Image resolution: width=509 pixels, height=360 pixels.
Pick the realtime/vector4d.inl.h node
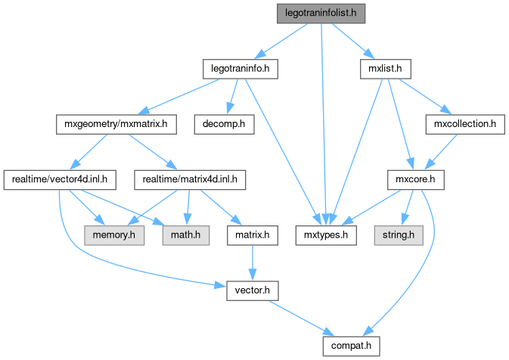tap(60, 180)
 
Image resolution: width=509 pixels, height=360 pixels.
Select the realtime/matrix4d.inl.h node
tap(186, 180)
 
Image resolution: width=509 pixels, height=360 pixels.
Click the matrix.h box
tap(250, 235)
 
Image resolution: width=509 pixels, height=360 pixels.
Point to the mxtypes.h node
tap(325, 235)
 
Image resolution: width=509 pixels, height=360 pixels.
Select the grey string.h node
tap(396, 235)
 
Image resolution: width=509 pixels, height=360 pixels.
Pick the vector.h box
tap(250, 290)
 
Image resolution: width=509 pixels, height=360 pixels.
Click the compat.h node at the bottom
tap(348, 346)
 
